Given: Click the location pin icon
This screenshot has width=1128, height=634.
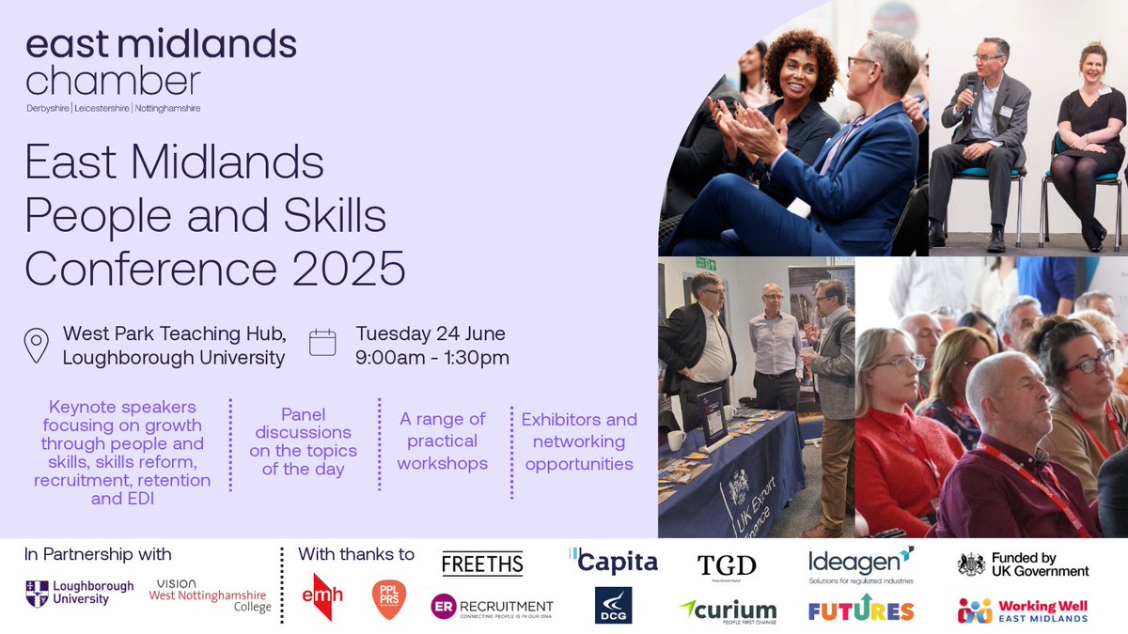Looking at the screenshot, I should [37, 345].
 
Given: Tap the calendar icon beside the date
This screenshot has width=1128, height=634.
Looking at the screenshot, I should [322, 342].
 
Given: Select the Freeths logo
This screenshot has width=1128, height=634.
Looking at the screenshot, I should [482, 564].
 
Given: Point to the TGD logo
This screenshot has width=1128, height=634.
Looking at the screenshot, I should [727, 564].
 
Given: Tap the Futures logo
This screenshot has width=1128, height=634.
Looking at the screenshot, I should [860, 609].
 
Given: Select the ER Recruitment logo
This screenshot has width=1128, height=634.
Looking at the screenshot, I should [492, 608].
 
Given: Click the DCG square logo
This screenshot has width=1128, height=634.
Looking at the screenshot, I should [614, 606].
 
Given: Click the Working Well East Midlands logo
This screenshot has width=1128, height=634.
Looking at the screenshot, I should [1023, 611].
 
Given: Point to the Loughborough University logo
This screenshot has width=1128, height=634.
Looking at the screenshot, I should [80, 593].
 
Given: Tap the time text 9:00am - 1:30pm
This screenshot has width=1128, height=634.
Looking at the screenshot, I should [432, 357].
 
